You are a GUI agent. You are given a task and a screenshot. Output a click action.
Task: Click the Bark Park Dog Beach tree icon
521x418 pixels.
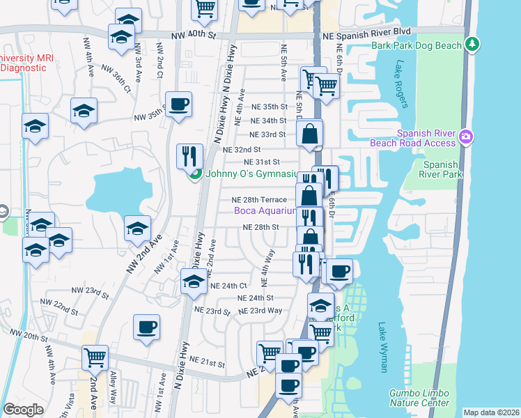click(x=473, y=45)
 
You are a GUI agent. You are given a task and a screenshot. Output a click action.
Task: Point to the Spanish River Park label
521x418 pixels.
click(x=440, y=170)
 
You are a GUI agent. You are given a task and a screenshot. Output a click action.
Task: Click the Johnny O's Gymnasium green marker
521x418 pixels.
click(x=196, y=174)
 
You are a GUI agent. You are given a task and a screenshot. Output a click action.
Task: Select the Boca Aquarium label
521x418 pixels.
click(x=266, y=210)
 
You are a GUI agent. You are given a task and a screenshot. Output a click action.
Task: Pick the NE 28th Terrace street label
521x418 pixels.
click(x=259, y=200)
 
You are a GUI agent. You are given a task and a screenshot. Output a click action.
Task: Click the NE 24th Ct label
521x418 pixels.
click(x=228, y=286)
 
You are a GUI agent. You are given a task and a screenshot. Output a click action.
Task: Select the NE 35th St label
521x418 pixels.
click(x=270, y=107)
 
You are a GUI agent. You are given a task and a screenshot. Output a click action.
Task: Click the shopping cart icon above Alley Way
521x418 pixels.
click(x=95, y=358)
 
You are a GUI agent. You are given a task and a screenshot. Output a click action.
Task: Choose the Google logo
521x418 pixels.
click(x=24, y=410)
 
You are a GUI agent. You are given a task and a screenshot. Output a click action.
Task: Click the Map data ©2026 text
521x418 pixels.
click(x=491, y=412)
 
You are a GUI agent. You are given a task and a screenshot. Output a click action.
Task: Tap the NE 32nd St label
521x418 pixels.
click(x=241, y=149)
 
